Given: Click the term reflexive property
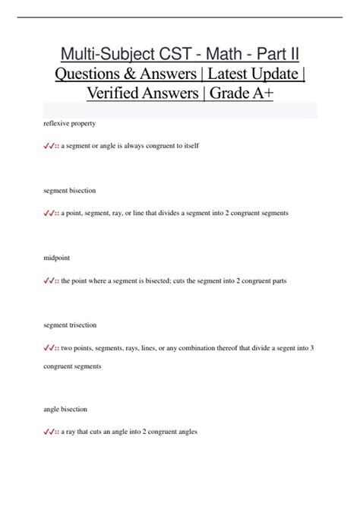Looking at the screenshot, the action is (70, 123).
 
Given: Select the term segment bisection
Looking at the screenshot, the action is (70, 191).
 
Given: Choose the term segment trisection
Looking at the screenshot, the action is (71, 325).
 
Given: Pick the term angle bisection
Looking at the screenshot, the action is (67, 409).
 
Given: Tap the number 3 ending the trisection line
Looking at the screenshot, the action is (312, 348).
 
